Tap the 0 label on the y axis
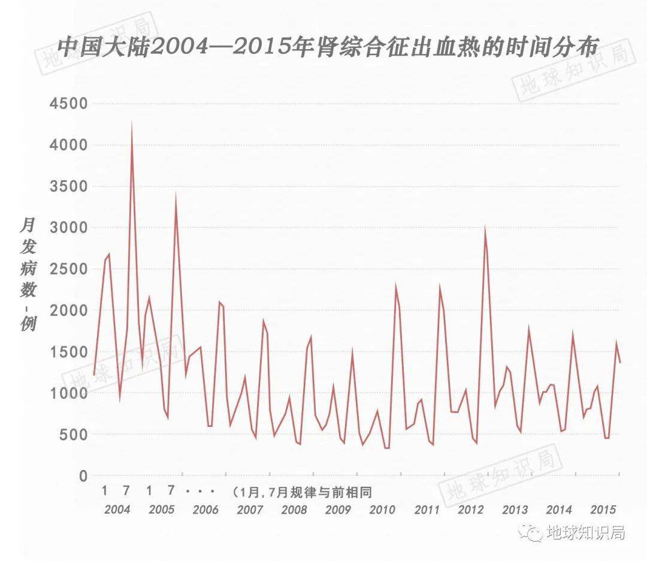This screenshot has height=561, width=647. point(83,477)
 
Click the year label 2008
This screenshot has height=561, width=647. point(294,510)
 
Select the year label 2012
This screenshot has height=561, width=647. point(470,510)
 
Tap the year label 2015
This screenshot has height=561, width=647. point(603,510)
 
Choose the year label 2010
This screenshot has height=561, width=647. point(382,510)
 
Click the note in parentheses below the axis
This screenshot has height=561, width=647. point(303,492)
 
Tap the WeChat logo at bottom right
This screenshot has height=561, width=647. point(530,531)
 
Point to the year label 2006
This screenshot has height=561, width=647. point(205,510)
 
